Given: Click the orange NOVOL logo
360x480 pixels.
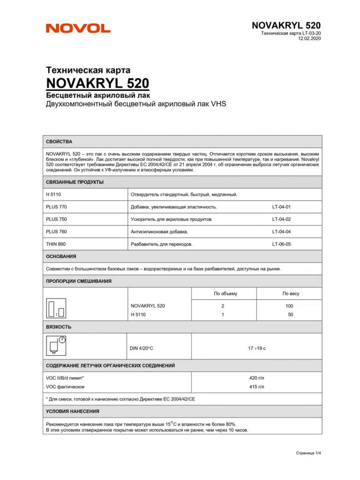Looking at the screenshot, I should pos(78,29).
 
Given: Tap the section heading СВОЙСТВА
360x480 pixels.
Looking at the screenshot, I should pos(59,142).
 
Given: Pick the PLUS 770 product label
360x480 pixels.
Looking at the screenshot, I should pos(56,207).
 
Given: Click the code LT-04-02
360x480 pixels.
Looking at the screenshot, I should pos(281,219).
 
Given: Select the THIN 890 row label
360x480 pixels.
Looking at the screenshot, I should pos(56,244).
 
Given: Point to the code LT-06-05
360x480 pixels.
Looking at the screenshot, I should pos(281,244).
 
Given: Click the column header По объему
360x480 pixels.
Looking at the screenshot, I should pos(225,293).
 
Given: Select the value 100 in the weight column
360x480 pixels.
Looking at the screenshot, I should pos(289,306).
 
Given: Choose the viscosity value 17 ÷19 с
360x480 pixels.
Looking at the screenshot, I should pos(257,348).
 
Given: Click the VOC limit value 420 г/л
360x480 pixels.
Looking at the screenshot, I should pos(257,378).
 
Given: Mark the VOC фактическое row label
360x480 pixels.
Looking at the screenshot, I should pos(65,386).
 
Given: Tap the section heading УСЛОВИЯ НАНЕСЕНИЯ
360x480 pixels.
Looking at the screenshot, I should pos(72,411).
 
